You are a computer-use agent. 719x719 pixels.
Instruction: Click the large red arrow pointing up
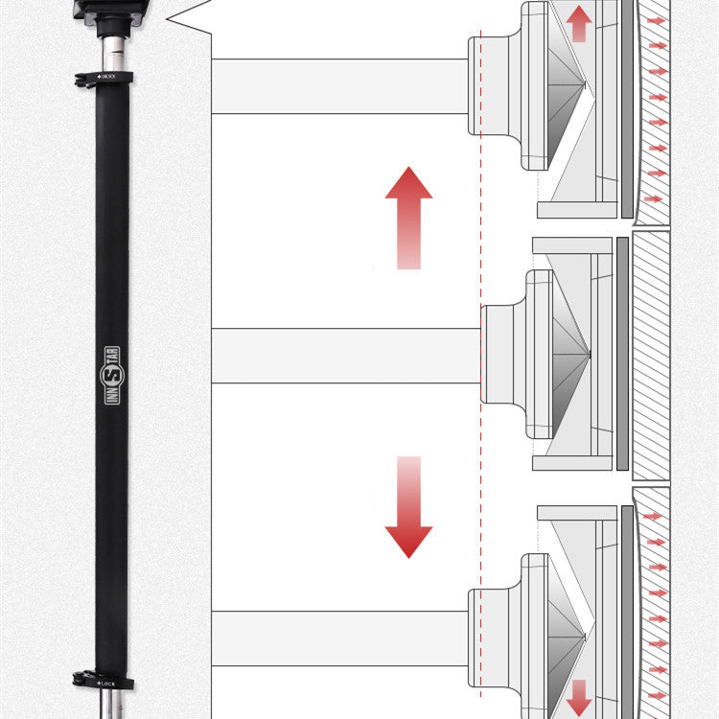pyautogui.click(x=408, y=217)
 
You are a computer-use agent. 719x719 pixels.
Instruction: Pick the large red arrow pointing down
pyautogui.click(x=408, y=508)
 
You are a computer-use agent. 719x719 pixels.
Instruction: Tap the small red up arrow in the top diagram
pyautogui.click(x=578, y=23)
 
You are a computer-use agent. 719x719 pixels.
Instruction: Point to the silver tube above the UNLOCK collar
pyautogui.click(x=113, y=49)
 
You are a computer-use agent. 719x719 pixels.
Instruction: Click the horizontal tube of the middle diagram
pyautogui.click(x=345, y=356)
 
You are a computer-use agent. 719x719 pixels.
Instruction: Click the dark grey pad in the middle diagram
pyautogui.click(x=622, y=354)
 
